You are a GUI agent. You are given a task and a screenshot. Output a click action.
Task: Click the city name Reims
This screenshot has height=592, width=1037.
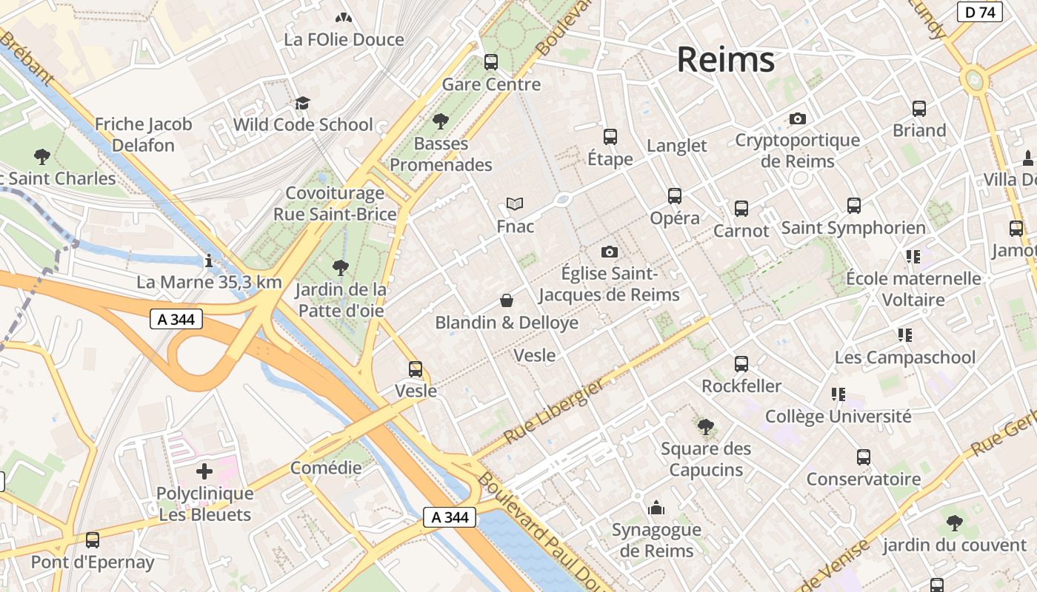tap(725, 59)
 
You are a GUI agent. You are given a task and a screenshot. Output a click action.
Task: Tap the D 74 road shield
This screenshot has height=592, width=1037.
tap(980, 12)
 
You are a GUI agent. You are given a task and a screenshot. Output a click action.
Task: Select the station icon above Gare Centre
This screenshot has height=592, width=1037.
tap(491, 62)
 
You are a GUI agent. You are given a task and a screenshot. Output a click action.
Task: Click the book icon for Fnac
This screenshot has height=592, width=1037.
tap(515, 203)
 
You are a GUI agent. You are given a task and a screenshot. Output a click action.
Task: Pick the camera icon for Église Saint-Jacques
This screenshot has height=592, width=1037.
tap(610, 252)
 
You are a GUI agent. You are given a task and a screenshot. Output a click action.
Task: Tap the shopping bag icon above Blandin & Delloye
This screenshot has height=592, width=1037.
tap(507, 300)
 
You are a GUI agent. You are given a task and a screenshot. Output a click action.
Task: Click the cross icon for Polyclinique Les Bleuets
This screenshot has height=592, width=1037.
tap(204, 471)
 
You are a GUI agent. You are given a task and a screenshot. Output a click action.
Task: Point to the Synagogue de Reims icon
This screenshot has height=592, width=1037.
tap(656, 508)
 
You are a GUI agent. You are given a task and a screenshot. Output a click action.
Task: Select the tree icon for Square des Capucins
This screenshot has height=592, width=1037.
tap(705, 426)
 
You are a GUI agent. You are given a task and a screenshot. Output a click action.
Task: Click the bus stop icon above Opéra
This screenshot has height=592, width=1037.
tap(675, 196)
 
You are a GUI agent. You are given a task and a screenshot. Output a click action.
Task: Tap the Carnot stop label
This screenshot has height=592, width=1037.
tap(741, 231)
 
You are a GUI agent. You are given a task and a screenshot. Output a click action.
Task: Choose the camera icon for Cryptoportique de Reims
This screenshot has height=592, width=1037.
tap(798, 118)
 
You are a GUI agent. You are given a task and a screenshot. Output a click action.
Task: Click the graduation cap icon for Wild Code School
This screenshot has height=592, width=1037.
tap(302, 103)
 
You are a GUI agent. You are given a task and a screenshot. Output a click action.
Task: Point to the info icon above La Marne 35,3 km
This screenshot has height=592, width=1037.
tap(209, 260)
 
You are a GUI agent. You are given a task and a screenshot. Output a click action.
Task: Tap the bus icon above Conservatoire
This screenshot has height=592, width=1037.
tap(864, 457)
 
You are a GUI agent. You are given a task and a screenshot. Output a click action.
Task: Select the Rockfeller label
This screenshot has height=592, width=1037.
tap(741, 386)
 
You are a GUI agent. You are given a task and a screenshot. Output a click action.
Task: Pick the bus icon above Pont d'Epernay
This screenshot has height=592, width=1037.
tap(93, 540)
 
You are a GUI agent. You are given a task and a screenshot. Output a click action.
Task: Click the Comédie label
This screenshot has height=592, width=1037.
tap(326, 468)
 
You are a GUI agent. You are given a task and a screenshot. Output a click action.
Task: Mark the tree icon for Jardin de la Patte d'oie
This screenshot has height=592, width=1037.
tap(341, 267)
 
